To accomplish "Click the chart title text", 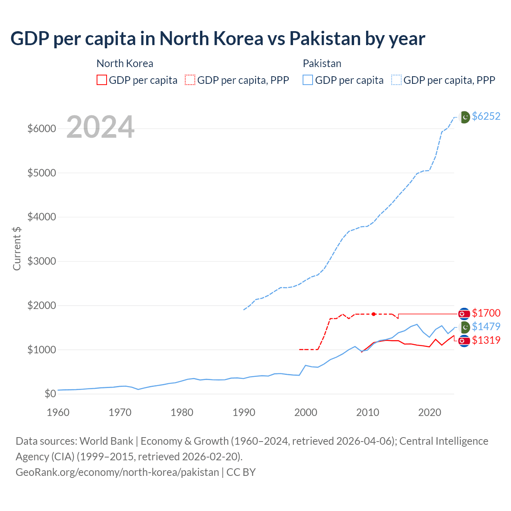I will click(218, 39).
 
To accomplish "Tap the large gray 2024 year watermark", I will click(100, 127).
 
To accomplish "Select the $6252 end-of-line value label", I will click(486, 116).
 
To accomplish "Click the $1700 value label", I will click(486, 313).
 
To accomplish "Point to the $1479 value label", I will click(486, 327).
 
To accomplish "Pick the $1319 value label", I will click(486, 340).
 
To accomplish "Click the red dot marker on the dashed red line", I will click(374, 314).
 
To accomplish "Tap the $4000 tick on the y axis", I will click(42, 217).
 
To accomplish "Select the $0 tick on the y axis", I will click(50, 394).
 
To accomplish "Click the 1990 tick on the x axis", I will click(244, 412).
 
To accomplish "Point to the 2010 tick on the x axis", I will click(368, 412).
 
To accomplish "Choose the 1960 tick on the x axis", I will click(58, 412).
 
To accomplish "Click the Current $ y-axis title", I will click(17, 248).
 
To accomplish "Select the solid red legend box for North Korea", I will click(102, 80).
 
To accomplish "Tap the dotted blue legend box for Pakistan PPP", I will click(397, 80).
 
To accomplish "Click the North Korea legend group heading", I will click(125, 63).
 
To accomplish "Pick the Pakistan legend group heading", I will click(322, 63).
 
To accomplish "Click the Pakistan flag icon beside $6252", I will click(465, 117).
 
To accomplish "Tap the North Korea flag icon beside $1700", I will click(463, 314).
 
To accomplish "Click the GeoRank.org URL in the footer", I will click(117, 472).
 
